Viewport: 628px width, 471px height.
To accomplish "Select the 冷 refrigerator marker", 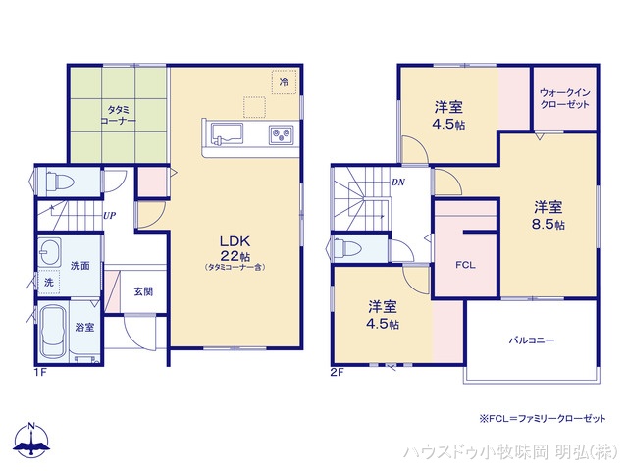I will [284, 84].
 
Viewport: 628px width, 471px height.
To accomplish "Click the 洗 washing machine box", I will [49, 282].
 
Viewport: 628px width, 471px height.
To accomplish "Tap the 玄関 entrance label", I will [143, 291].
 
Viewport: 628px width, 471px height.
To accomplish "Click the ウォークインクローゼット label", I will [564, 99].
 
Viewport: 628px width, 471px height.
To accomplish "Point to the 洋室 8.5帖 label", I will [549, 215].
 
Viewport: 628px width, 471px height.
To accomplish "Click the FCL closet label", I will [465, 265].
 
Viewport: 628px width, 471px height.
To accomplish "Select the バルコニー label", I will [531, 340].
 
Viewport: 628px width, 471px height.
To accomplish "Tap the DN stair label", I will [398, 182].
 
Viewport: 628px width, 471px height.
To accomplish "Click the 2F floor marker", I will [339, 372].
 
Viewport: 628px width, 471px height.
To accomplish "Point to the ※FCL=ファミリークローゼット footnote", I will [542, 419].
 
